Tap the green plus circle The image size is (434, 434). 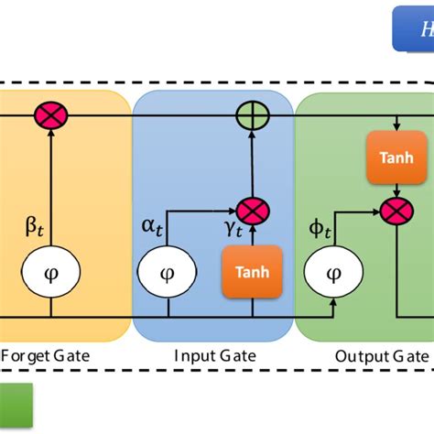click(249, 116)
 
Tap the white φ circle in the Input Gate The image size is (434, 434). click(166, 273)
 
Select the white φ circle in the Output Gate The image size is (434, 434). click(334, 273)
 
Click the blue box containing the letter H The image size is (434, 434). click(413, 30)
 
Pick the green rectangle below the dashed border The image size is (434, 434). click(16, 404)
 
